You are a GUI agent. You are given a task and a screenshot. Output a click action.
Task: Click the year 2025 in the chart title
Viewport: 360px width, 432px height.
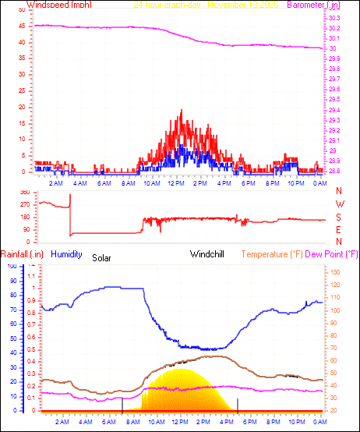point(270,5)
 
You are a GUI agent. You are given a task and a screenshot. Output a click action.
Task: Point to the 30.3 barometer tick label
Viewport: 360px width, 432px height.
point(334,18)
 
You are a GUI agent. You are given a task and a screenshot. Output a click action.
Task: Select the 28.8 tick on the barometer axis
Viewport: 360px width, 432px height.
point(334,171)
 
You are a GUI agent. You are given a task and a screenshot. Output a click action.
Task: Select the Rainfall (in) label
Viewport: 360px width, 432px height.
point(21,254)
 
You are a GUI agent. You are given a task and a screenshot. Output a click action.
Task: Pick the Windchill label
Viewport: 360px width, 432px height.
point(209,254)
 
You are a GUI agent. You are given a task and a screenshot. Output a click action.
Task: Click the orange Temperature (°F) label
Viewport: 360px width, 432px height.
point(273,254)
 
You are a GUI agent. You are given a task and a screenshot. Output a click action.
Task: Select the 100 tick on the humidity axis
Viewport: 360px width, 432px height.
point(12,266)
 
